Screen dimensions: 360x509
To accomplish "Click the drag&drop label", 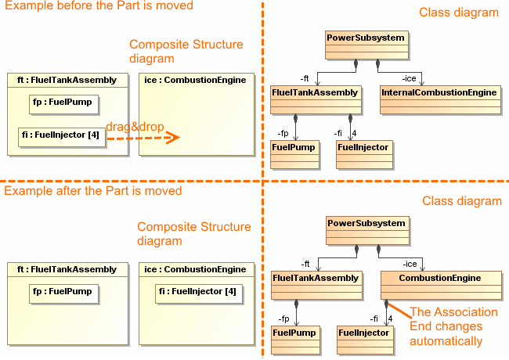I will [x=130, y=128].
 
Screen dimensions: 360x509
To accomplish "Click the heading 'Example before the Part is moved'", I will [x=97, y=6].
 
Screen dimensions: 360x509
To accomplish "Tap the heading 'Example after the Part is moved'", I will [x=92, y=191].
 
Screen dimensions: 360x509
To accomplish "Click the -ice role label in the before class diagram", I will [x=410, y=77].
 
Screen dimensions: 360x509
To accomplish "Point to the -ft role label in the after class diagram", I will [x=305, y=263].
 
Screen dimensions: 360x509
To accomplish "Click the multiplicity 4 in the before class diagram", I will [x=354, y=132].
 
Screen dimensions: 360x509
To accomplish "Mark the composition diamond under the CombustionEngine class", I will [x=386, y=303].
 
